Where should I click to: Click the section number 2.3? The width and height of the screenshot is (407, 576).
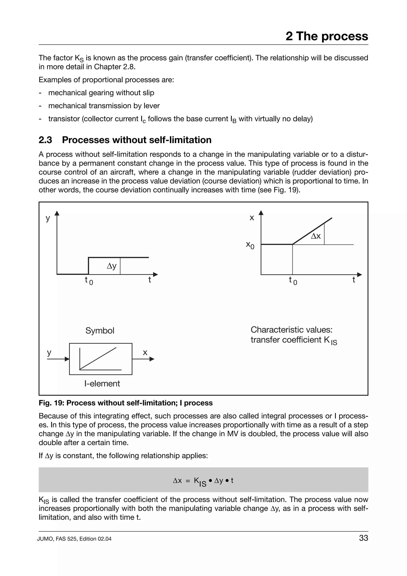coord(45,140)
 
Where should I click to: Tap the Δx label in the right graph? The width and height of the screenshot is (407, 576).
coord(316,236)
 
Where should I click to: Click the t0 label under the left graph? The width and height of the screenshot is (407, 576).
coord(88,280)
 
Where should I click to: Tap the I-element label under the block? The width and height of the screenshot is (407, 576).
coord(102,384)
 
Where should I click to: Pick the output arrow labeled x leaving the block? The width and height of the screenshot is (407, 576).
coord(143,359)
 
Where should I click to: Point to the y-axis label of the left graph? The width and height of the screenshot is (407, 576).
coord(48,218)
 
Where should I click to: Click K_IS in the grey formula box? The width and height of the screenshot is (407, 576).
coord(200,481)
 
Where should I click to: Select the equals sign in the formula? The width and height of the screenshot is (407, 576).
coord(188,481)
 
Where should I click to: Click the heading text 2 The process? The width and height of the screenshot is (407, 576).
coord(327,36)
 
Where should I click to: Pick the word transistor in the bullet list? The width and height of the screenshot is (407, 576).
coord(64,119)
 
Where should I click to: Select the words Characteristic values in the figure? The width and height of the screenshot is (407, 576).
coord(291,330)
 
